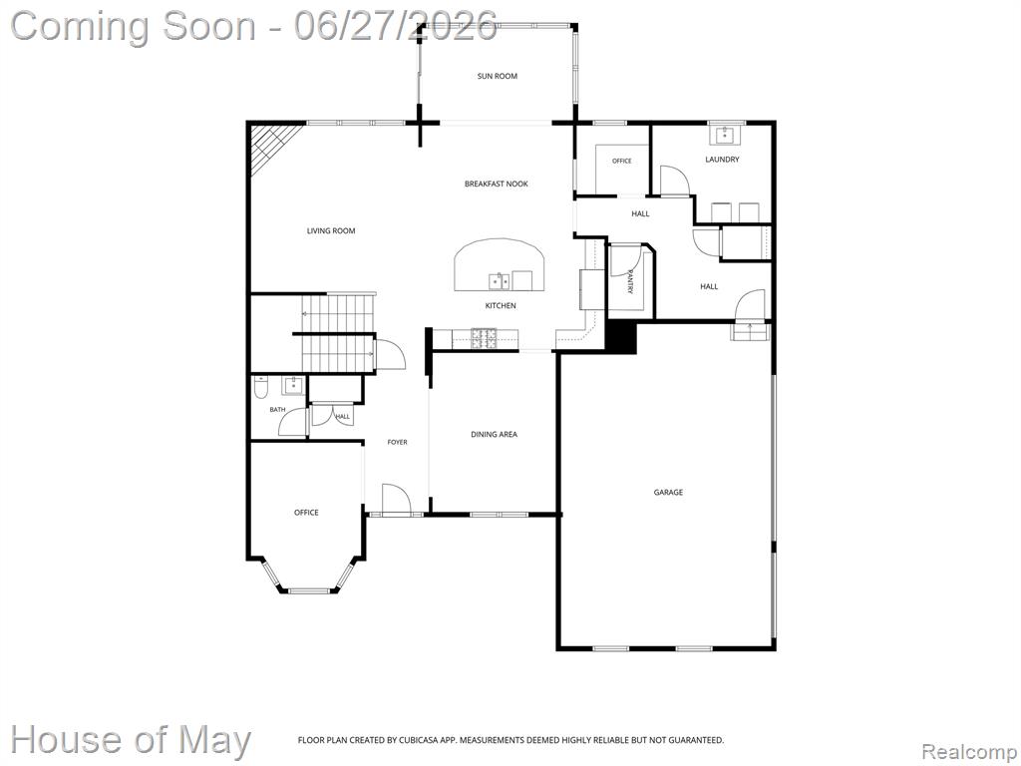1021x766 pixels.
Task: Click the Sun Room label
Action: click(497, 76)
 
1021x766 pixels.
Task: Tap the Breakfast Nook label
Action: click(497, 184)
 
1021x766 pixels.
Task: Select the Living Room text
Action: click(331, 230)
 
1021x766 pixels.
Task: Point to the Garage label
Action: click(668, 493)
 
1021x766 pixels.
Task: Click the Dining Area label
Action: click(494, 435)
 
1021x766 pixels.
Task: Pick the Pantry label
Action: click(630, 281)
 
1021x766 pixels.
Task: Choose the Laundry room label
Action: click(722, 160)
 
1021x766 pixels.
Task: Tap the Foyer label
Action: click(397, 442)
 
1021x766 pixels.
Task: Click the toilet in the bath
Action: click(260, 388)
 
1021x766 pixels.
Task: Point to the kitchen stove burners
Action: click(484, 337)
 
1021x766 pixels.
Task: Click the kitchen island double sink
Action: click(500, 281)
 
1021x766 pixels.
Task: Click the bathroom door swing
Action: click(291, 422)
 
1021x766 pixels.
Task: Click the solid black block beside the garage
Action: click(622, 337)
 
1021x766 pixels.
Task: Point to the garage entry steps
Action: click(750, 331)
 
